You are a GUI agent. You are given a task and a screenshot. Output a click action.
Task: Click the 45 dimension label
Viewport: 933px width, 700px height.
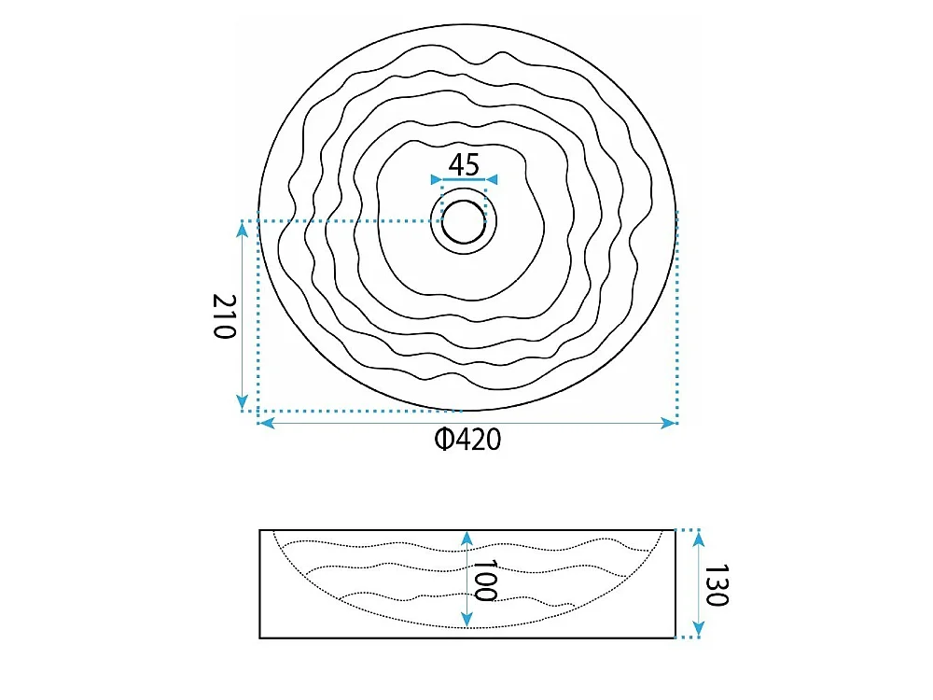[x=464, y=165]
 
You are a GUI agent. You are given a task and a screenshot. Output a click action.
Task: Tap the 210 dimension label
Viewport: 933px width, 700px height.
[x=225, y=316]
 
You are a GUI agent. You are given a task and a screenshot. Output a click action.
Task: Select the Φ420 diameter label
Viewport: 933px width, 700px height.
[x=467, y=440]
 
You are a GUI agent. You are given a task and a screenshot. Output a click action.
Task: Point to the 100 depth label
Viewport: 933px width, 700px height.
[x=483, y=580]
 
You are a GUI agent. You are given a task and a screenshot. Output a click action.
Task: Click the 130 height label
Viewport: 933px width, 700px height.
[x=717, y=585]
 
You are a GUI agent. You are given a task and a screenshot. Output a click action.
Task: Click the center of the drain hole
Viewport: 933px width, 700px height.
[x=464, y=222]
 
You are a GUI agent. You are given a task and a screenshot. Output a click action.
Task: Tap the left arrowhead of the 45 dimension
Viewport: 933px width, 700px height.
[x=436, y=179]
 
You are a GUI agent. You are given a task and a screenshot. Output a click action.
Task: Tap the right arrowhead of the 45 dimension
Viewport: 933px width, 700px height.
[x=492, y=179]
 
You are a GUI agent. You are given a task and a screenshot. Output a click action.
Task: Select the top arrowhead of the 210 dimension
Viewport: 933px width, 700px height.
[x=242, y=229]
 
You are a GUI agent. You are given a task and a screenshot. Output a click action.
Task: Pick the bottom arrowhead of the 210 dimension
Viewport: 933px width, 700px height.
[x=242, y=402]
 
